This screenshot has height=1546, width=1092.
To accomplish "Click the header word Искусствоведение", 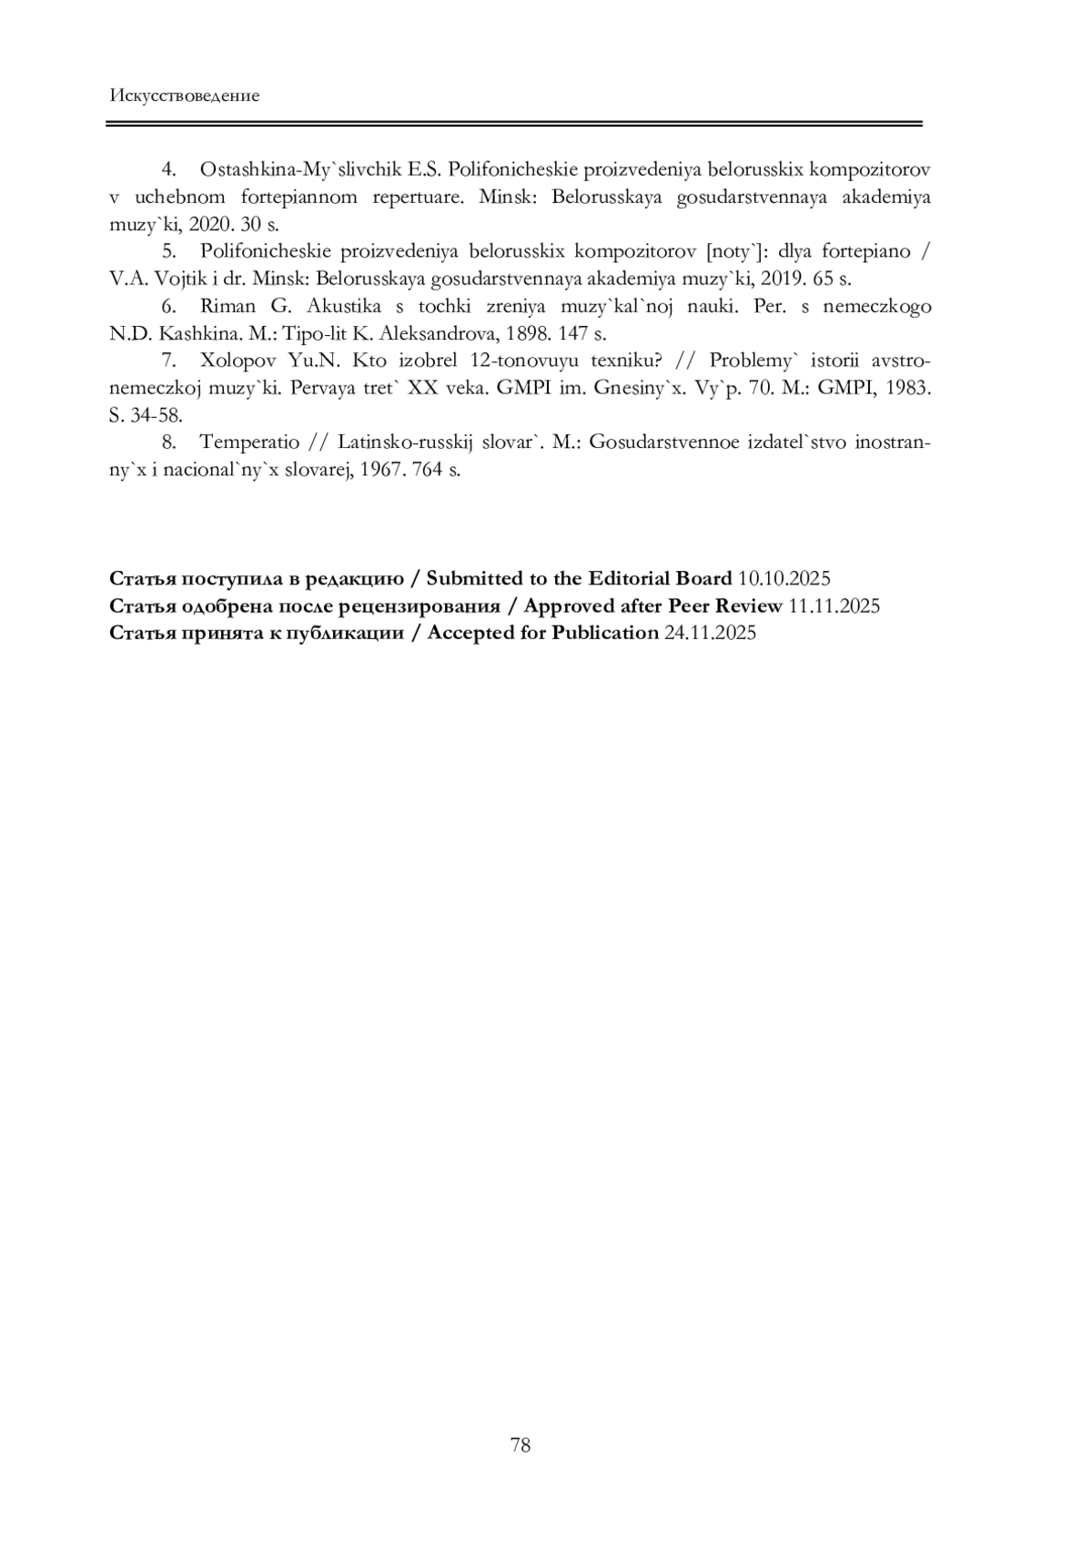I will tap(184, 96).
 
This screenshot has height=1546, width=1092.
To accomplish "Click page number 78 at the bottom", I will tap(521, 1445).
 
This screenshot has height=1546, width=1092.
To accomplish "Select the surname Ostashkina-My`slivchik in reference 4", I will tap(299, 169).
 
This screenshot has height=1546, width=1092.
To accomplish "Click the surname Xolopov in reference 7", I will tap(239, 361).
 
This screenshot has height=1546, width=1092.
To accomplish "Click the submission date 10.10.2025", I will tap(784, 579).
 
